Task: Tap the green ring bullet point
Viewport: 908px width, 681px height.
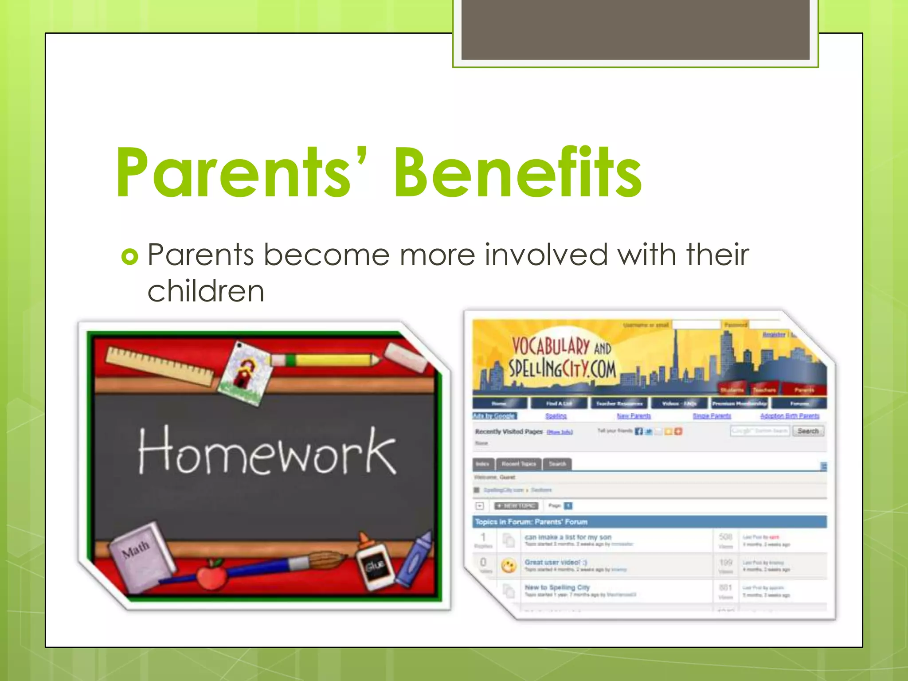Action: pyautogui.click(x=129, y=256)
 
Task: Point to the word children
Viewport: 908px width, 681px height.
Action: pyautogui.click(x=206, y=291)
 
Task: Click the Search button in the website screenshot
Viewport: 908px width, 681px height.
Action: pyautogui.click(x=808, y=431)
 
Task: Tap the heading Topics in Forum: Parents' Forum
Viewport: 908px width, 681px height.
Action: pyautogui.click(x=531, y=522)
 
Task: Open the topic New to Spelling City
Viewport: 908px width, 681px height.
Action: pyautogui.click(x=557, y=587)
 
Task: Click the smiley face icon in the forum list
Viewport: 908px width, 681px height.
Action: pyautogui.click(x=509, y=566)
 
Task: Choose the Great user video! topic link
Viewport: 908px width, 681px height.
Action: pyautogui.click(x=556, y=562)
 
